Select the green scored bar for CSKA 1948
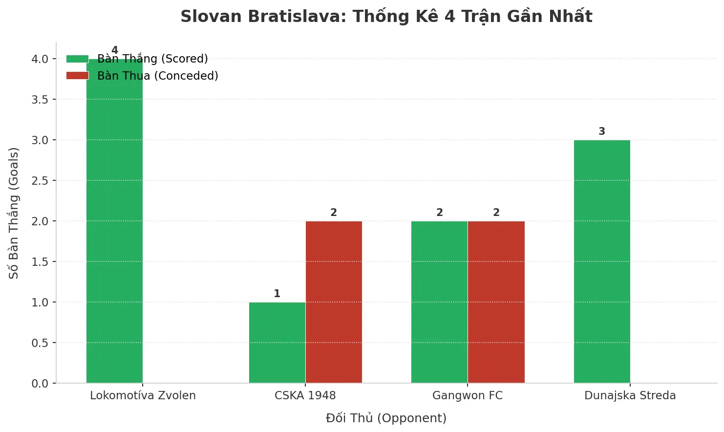[277, 343]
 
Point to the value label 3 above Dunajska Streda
[602, 131]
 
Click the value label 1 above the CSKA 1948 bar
[277, 294]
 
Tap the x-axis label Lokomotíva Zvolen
[143, 395]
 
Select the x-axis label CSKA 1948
[305, 395]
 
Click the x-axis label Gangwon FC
[468, 395]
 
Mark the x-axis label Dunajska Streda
[630, 395]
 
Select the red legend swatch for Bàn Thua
[77, 76]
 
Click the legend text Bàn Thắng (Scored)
[152, 59]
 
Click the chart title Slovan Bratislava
[386, 17]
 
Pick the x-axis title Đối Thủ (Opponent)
[386, 418]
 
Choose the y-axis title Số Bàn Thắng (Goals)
[14, 213]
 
